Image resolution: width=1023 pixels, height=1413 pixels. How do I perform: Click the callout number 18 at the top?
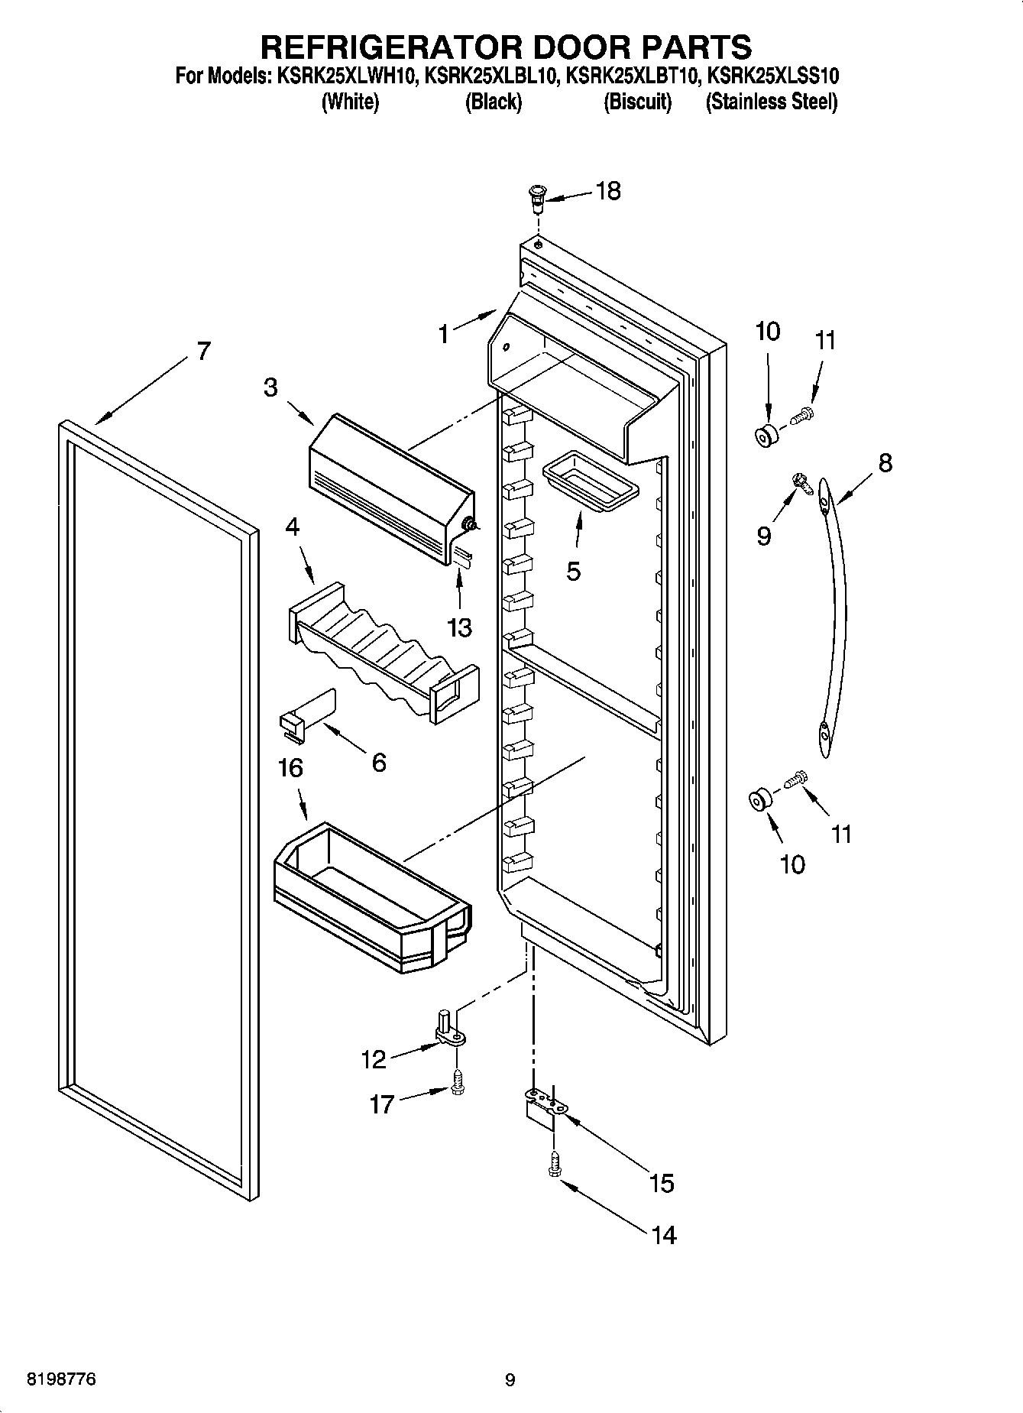click(x=608, y=191)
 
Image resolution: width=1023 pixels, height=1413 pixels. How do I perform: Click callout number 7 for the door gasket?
click(x=202, y=352)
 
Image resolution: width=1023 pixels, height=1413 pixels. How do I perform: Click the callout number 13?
click(x=460, y=628)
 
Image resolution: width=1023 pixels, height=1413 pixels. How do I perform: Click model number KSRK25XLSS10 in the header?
click(x=772, y=76)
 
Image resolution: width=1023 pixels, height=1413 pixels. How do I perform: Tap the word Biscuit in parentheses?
click(x=637, y=102)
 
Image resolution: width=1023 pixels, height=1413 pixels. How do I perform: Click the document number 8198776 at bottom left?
click(x=61, y=1381)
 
